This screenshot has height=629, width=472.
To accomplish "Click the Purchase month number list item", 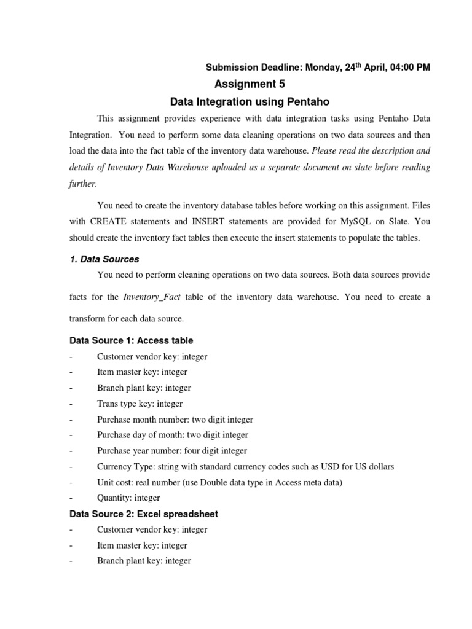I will click(x=175, y=420).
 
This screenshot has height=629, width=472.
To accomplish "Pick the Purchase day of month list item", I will click(x=172, y=435).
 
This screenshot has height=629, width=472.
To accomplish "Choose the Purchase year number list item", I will click(x=171, y=451).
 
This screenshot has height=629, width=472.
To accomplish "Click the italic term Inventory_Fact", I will click(x=152, y=297).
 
